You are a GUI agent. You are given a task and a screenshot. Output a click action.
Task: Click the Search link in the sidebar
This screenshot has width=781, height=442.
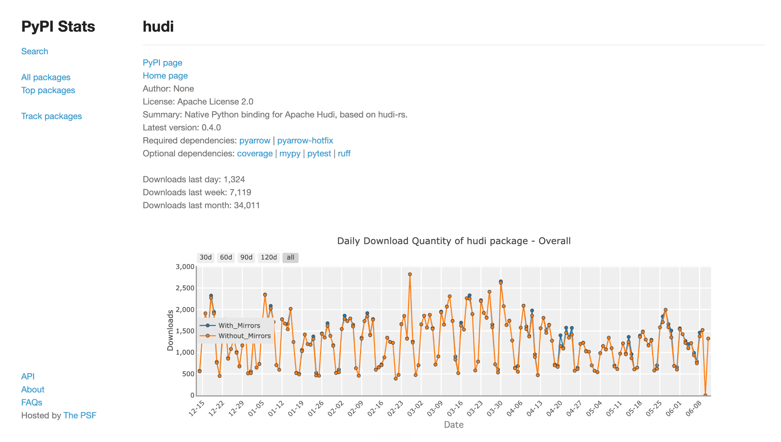coord(35,51)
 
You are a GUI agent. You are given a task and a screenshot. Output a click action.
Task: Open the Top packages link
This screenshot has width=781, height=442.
coord(48,90)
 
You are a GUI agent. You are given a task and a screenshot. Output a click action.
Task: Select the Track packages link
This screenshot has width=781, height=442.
coord(51,116)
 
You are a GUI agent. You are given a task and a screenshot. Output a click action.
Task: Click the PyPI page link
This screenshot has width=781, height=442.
coord(162,63)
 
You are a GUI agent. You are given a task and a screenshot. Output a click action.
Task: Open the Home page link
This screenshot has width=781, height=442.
coord(165,76)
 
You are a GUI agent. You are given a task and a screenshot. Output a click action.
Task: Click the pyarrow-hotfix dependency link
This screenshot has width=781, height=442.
coord(305,141)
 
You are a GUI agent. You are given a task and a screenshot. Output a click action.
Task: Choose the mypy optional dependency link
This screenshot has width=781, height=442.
coord(290,154)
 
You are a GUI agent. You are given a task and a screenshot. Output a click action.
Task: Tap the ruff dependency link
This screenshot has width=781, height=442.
coord(344,154)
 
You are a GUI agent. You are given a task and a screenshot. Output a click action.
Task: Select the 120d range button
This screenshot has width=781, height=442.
coord(269,257)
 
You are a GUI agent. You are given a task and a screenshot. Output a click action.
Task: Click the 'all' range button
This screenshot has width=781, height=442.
coord(291,257)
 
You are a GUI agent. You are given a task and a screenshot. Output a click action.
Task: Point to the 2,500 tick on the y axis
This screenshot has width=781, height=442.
coord(185,288)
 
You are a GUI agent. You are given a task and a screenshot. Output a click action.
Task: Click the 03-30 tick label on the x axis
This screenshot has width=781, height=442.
coord(495,408)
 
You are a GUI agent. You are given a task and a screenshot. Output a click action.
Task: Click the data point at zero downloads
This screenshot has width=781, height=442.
coord(705,395)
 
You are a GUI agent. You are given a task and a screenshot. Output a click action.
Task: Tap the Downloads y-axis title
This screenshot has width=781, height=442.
coord(170,330)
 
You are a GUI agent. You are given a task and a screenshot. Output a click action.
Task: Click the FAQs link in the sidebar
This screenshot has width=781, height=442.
coord(32,403)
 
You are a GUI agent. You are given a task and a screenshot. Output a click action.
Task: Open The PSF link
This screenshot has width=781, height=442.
coord(80,416)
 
